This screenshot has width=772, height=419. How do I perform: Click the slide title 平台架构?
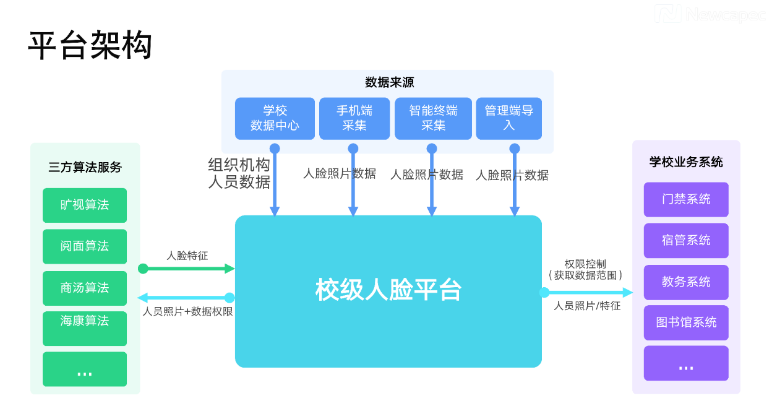90,46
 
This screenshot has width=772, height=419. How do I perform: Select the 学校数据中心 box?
275,118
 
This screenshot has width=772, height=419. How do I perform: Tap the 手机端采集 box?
354,118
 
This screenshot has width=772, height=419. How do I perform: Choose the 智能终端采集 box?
433,118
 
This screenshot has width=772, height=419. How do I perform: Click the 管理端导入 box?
508,118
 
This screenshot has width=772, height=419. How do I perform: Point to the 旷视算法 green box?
85,205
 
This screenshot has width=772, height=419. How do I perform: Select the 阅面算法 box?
85,246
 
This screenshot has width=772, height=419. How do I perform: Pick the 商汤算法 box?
85,288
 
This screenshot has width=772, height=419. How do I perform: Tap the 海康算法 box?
85,328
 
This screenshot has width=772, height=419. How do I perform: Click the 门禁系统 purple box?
686,199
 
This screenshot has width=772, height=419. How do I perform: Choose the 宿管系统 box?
686,240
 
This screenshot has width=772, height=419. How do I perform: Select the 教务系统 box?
686,282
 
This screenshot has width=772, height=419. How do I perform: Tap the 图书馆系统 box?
686,322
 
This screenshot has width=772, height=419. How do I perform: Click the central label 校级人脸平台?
388,290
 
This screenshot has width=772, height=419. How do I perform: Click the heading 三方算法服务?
85,167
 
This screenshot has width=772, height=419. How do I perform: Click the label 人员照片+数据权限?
187,312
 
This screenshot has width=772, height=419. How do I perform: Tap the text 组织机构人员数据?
239,173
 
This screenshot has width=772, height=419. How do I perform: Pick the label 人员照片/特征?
586,306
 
